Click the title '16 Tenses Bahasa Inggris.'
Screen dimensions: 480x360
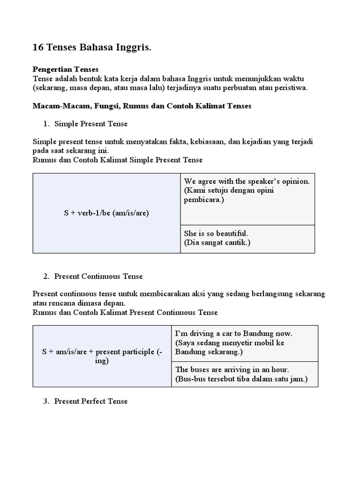tap(92, 47)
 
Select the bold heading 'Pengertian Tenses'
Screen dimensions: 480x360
tap(65, 69)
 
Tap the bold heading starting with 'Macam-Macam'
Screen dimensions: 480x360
tap(142, 106)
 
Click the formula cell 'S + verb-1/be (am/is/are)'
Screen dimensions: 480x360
tap(106, 213)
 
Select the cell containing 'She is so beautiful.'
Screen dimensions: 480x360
tap(247, 239)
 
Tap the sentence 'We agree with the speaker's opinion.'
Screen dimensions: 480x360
tap(247, 181)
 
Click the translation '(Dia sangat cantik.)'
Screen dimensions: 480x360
tap(217, 243)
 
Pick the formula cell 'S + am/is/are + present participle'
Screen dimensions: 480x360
tap(102, 356)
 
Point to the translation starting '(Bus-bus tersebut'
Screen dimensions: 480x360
tap(241, 379)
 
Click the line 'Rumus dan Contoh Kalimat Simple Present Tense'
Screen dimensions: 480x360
tap(118, 160)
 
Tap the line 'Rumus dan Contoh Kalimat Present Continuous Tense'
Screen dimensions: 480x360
tap(125, 312)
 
